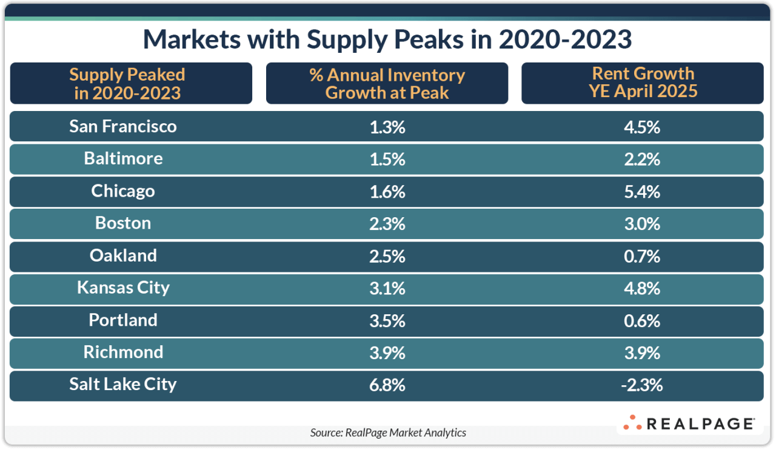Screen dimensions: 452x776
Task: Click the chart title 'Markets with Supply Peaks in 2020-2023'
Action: pyautogui.click(x=387, y=39)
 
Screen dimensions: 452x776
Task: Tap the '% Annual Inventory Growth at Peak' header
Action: pyautogui.click(x=387, y=83)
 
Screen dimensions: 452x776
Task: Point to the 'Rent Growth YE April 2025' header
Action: pyautogui.click(x=643, y=83)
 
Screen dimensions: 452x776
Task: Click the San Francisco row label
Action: pyautogui.click(x=123, y=126)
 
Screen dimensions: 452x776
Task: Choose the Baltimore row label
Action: pyautogui.click(x=123, y=158)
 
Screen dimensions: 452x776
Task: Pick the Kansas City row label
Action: pyautogui.click(x=123, y=288)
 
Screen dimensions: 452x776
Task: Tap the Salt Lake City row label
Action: pyautogui.click(x=123, y=384)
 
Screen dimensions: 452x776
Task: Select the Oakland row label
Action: pyautogui.click(x=123, y=255)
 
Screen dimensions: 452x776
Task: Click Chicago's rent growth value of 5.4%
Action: pyautogui.click(x=642, y=192)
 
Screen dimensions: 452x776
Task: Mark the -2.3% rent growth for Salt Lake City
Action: pyautogui.click(x=642, y=385)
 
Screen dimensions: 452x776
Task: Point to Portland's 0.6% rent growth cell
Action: pyautogui.click(x=642, y=320)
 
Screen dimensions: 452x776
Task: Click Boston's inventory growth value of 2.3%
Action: pyautogui.click(x=387, y=224)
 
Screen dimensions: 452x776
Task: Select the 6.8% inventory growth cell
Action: pyautogui.click(x=387, y=385)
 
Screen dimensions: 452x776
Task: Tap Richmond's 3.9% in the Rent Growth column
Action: pyautogui.click(x=642, y=353)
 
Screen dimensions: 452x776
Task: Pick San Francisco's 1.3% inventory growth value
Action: pyautogui.click(x=387, y=127)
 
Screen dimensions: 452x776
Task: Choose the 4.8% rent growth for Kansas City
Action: pyautogui.click(x=642, y=288)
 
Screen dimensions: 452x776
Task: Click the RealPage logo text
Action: pyautogui.click(x=700, y=423)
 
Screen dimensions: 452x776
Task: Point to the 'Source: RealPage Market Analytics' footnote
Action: pyautogui.click(x=388, y=433)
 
